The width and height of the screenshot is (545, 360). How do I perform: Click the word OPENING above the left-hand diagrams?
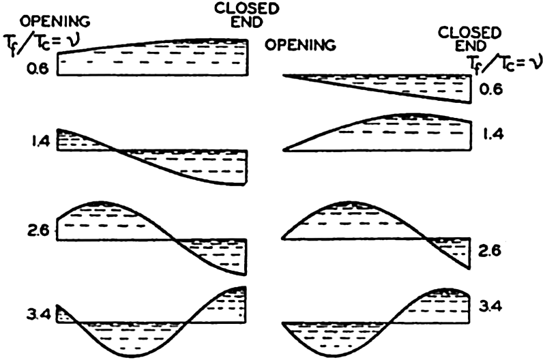pos(55,22)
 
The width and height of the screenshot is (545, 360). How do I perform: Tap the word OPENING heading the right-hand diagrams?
pos(301,45)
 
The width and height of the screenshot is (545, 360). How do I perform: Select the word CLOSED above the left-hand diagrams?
pos(246,9)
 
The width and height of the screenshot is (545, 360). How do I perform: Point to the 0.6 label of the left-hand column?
pos(38,69)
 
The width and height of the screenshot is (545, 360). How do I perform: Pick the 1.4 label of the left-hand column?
pos(41,142)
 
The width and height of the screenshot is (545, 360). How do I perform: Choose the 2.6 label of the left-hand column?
pos(39,231)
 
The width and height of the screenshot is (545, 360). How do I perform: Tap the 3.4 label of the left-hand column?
pos(39,315)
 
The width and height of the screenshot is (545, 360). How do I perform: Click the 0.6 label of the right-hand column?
pos(490,90)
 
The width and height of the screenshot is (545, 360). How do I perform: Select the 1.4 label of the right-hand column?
pos(493,134)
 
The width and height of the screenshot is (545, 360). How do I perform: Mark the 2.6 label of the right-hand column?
pos(490,250)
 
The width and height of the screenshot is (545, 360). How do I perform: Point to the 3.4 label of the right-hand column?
pos(490,307)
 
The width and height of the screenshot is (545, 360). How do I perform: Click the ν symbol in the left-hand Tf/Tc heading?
pos(74,42)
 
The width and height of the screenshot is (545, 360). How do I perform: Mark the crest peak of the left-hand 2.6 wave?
pos(100,202)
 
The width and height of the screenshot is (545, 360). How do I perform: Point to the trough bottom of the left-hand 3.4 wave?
pos(130,356)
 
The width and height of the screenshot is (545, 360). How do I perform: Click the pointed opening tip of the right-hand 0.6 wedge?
pos(283,75)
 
